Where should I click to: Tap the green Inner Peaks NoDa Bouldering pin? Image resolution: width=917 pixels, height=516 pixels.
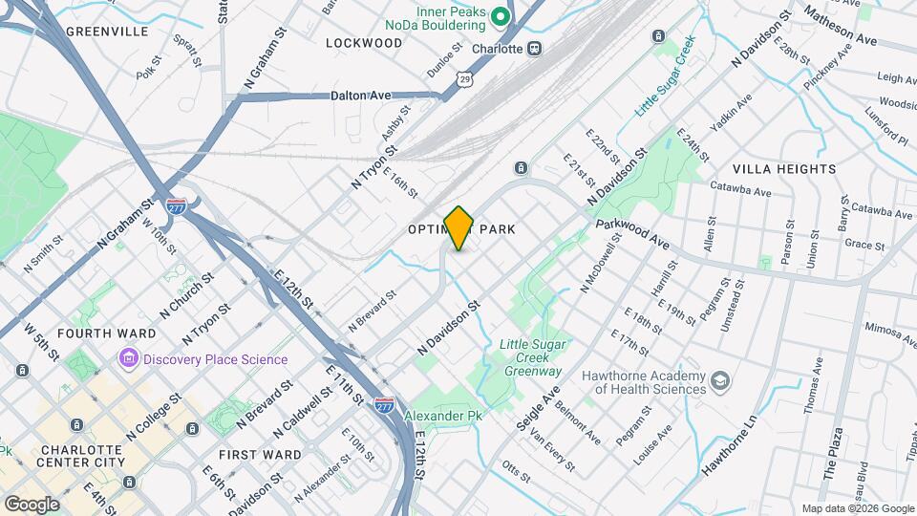[499, 16]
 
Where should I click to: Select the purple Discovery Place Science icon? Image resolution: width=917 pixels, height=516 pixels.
[129, 359]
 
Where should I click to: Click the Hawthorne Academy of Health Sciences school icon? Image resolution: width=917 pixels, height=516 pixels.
[721, 382]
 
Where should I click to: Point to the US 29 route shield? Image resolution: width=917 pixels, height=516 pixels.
[464, 75]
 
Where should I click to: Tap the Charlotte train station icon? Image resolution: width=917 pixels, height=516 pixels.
[535, 48]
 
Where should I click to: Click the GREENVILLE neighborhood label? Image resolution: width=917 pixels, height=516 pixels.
[107, 31]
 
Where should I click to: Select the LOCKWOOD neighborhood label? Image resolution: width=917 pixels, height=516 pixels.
[364, 43]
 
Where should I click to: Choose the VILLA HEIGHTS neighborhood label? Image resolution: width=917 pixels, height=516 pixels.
[784, 169]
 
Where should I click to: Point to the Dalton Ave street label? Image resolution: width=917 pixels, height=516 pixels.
[361, 96]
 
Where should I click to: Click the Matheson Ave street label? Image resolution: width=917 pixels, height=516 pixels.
[840, 26]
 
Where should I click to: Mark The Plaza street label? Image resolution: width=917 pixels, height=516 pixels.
[832, 460]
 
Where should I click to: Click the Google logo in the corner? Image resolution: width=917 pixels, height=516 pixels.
[31, 504]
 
